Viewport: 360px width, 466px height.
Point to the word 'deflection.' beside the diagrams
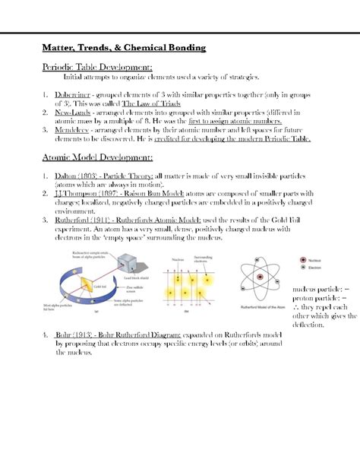(x=308, y=325)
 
